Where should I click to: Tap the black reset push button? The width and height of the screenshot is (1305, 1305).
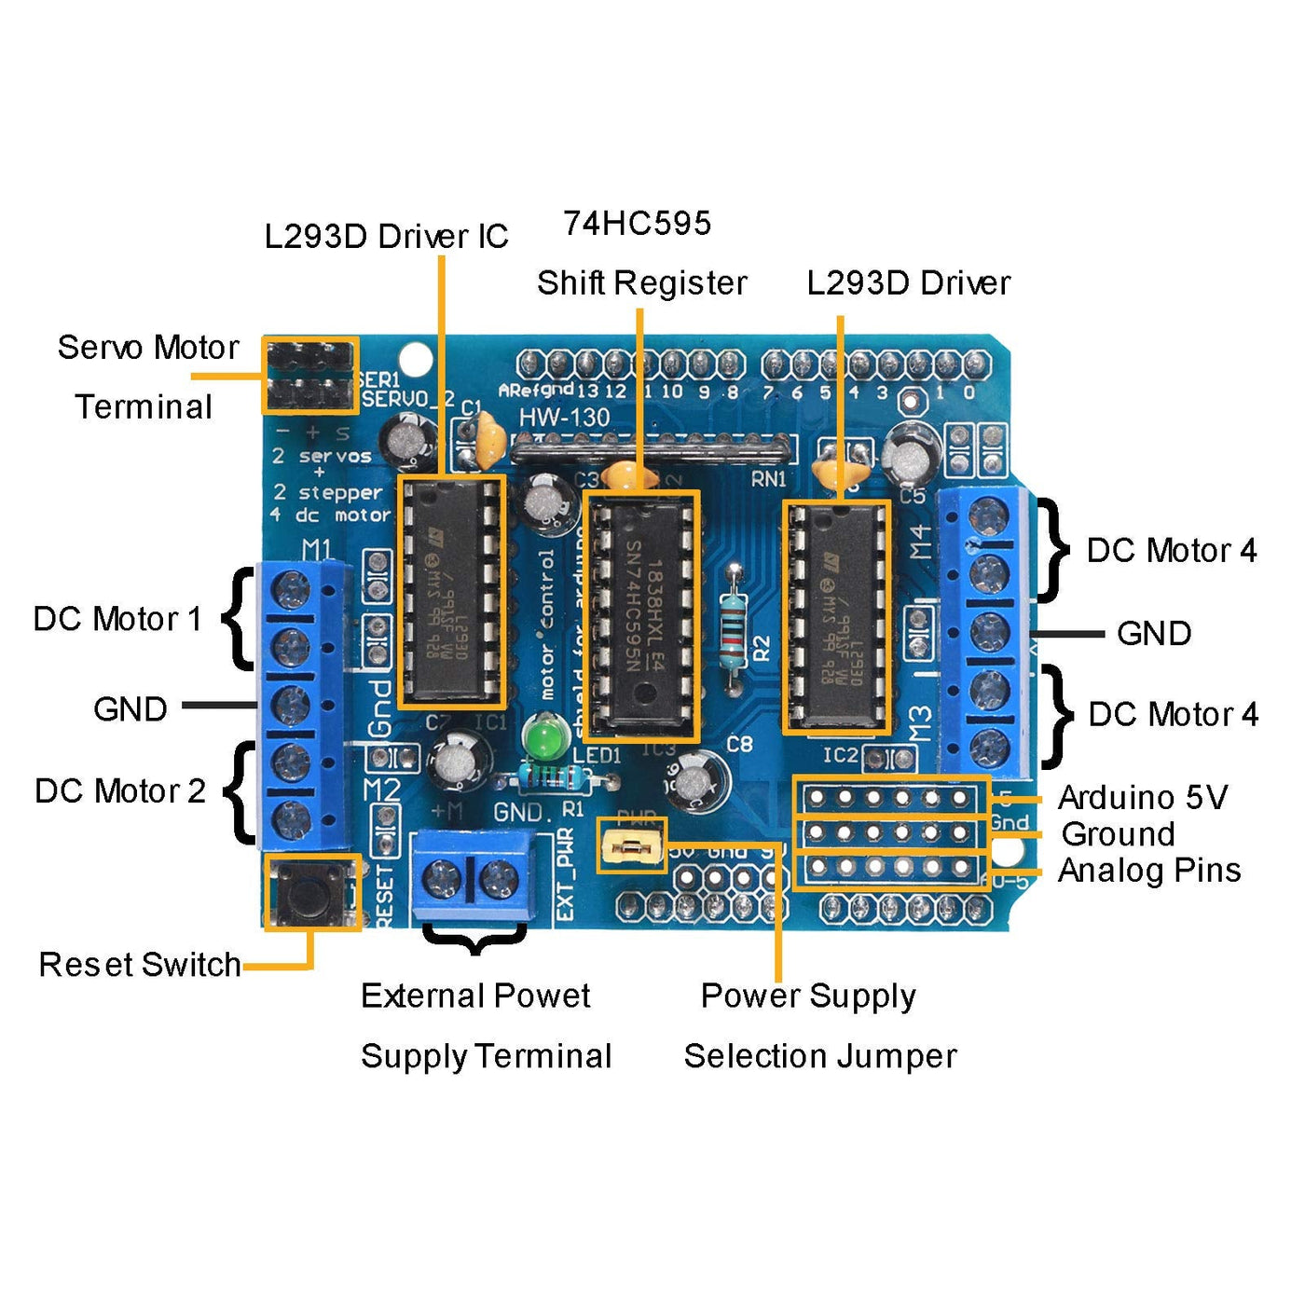[310, 892]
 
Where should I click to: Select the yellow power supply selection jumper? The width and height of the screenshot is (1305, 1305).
[631, 847]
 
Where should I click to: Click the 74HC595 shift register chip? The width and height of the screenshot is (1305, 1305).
[641, 615]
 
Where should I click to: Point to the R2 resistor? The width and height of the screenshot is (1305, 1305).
[735, 616]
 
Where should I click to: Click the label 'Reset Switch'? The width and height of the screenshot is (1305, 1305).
[140, 965]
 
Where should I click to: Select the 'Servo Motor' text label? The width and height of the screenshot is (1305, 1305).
[148, 348]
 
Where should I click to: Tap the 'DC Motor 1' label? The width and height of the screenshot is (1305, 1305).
[117, 619]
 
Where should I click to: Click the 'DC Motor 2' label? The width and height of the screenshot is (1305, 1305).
[119, 791]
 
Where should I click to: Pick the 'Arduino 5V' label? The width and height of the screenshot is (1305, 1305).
[1143, 798]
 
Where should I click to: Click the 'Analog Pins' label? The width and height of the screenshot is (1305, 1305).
[1149, 871]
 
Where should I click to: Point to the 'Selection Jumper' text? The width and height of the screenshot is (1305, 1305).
[820, 1056]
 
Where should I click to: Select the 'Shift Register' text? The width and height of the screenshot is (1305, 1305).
[641, 283]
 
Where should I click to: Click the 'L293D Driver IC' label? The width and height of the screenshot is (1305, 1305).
[386, 237]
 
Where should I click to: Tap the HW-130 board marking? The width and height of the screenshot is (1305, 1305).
[564, 418]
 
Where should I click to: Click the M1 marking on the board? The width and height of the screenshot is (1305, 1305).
[317, 549]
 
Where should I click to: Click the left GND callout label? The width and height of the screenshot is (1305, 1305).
[130, 709]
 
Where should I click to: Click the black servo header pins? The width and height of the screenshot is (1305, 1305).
[309, 376]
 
